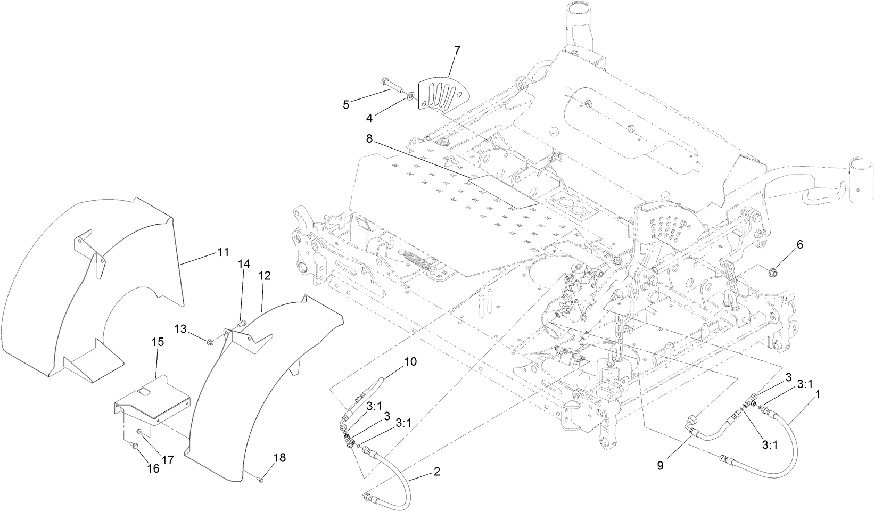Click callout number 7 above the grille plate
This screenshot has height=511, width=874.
pos(457,51)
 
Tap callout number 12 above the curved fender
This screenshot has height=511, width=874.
pos(265,276)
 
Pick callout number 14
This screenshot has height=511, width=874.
pos(243,264)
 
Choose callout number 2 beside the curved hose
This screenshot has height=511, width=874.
pos(436,472)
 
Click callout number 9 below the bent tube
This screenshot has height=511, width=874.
pos(660,465)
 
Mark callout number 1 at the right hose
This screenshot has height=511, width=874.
pos(818,395)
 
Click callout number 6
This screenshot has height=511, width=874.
pos(799,244)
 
